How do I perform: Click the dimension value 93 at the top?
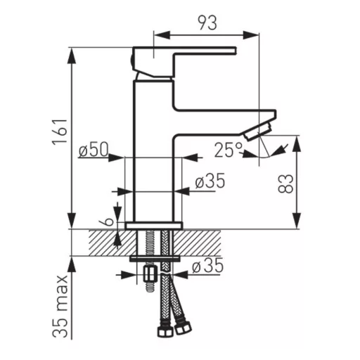click(x=207, y=22)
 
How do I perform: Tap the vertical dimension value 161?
click(x=60, y=132)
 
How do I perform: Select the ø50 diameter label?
click(x=94, y=149)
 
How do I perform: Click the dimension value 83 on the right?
click(x=285, y=184)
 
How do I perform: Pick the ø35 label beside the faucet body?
click(x=210, y=181)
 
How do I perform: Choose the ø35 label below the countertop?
click(x=207, y=265)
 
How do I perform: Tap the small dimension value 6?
click(x=108, y=221)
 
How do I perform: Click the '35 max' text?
click(x=60, y=307)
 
